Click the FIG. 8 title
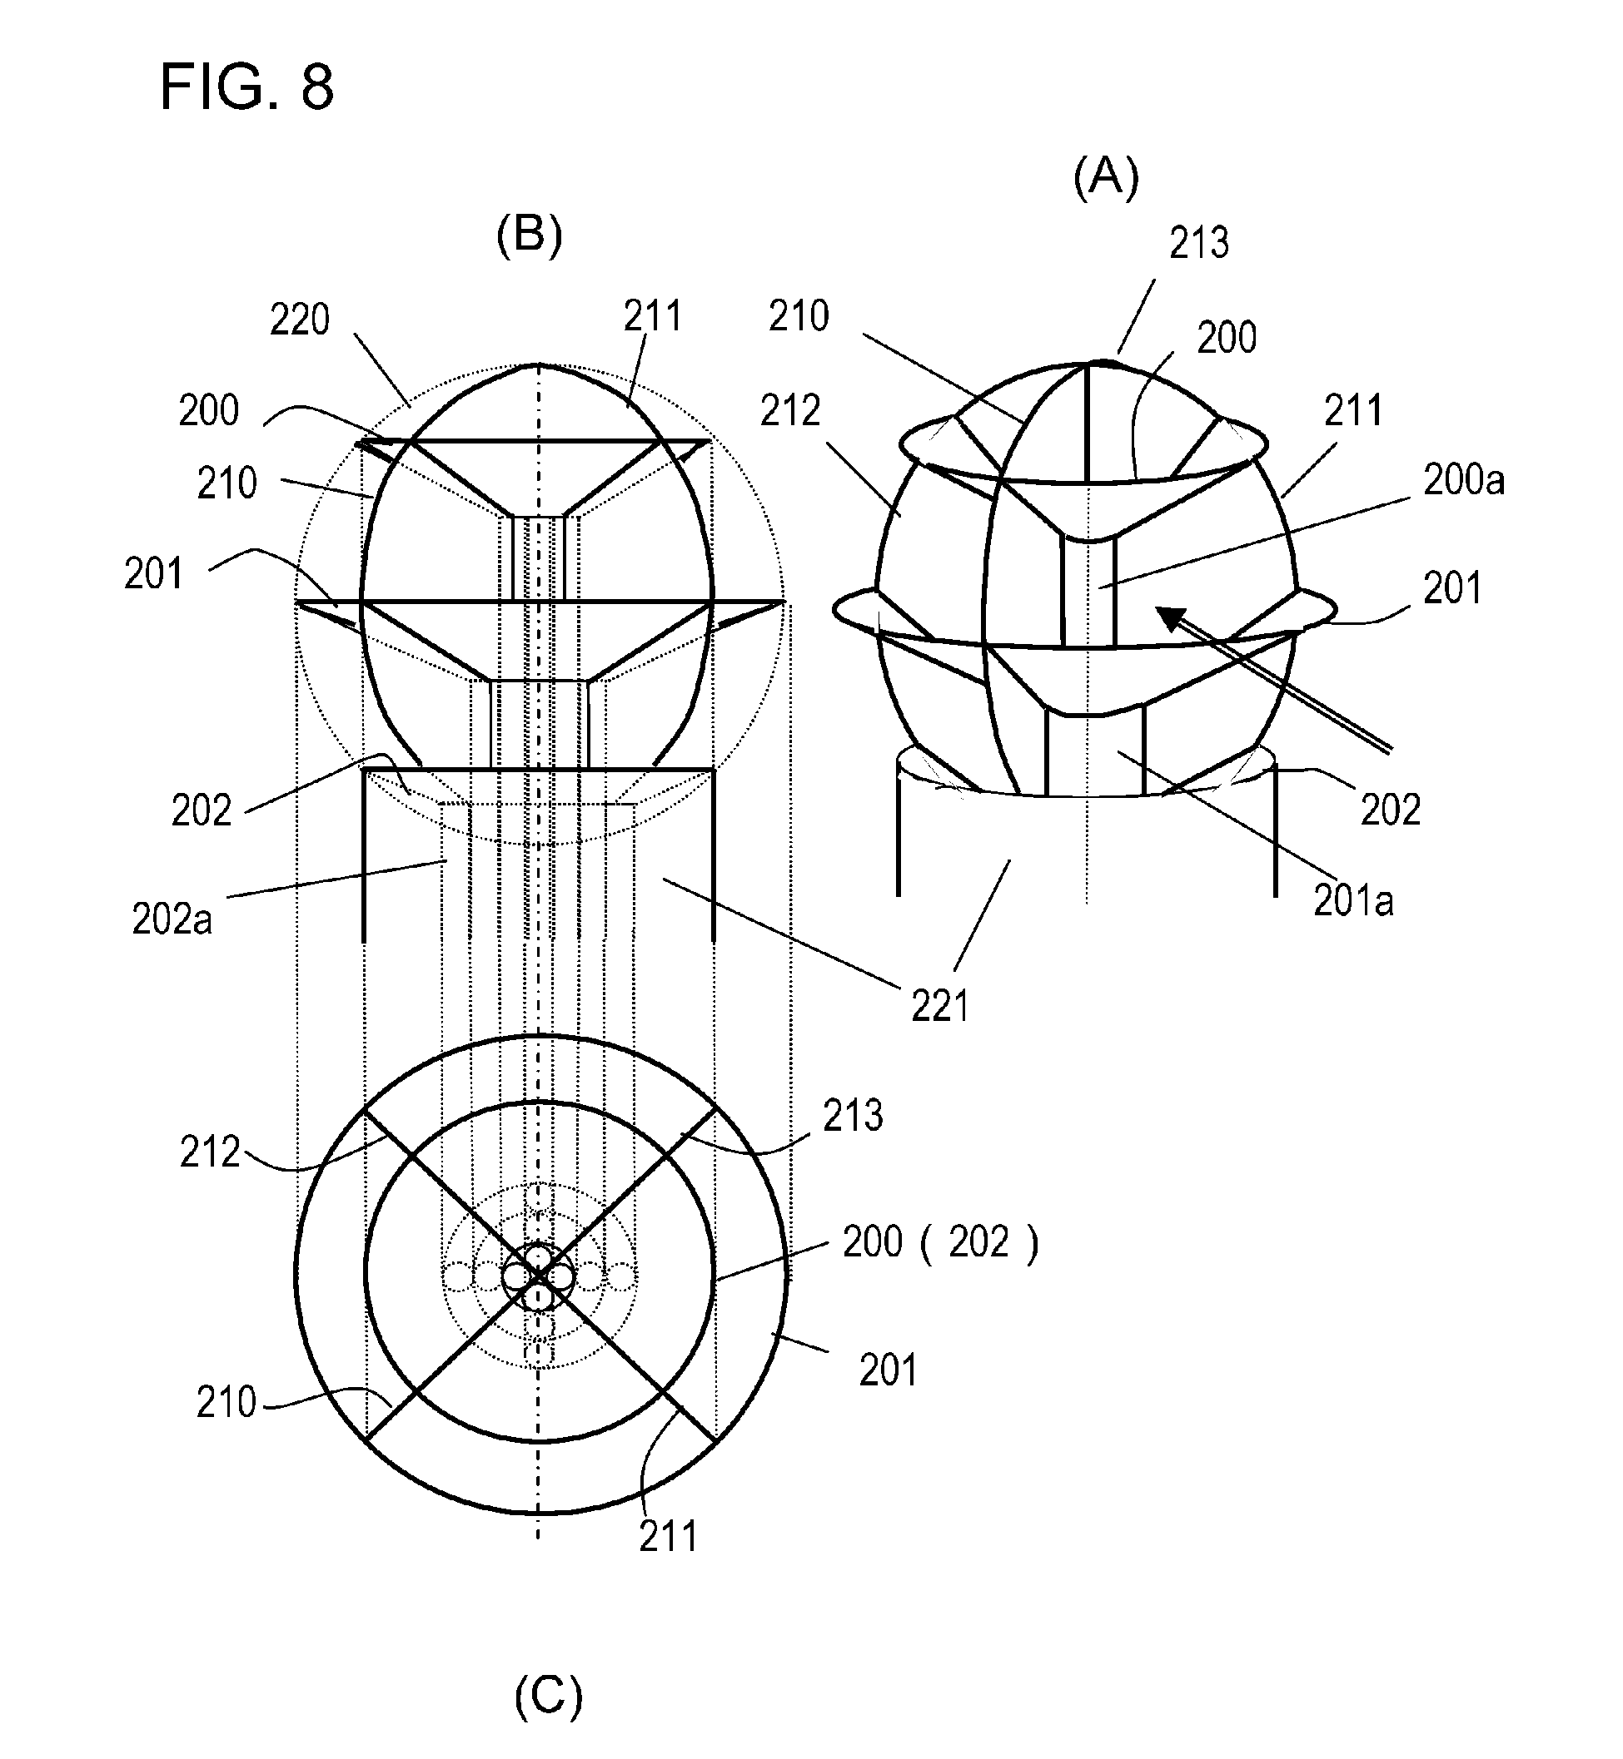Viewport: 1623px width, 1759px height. click(246, 87)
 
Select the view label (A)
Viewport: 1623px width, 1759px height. click(1106, 176)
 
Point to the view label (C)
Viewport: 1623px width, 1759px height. click(548, 1695)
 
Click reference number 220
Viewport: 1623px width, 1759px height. click(300, 320)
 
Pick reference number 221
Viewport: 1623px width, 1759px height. click(939, 1007)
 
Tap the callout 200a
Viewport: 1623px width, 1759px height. click(1464, 480)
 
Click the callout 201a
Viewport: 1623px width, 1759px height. click(1353, 901)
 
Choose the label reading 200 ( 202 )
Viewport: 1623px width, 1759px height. click(939, 1243)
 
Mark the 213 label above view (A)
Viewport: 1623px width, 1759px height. click(1199, 243)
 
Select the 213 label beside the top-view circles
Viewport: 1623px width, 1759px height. click(853, 1117)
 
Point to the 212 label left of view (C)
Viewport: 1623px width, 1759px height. click(210, 1152)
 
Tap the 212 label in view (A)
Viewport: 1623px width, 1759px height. click(789, 411)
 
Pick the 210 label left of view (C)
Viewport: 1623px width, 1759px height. click(226, 1403)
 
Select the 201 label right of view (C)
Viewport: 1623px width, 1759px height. click(888, 1370)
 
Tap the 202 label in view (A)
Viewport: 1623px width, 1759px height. click(1391, 810)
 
